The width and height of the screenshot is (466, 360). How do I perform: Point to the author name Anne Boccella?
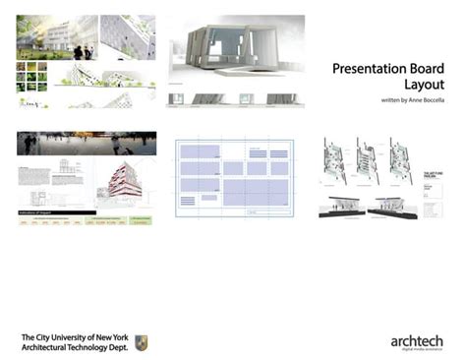414,102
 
